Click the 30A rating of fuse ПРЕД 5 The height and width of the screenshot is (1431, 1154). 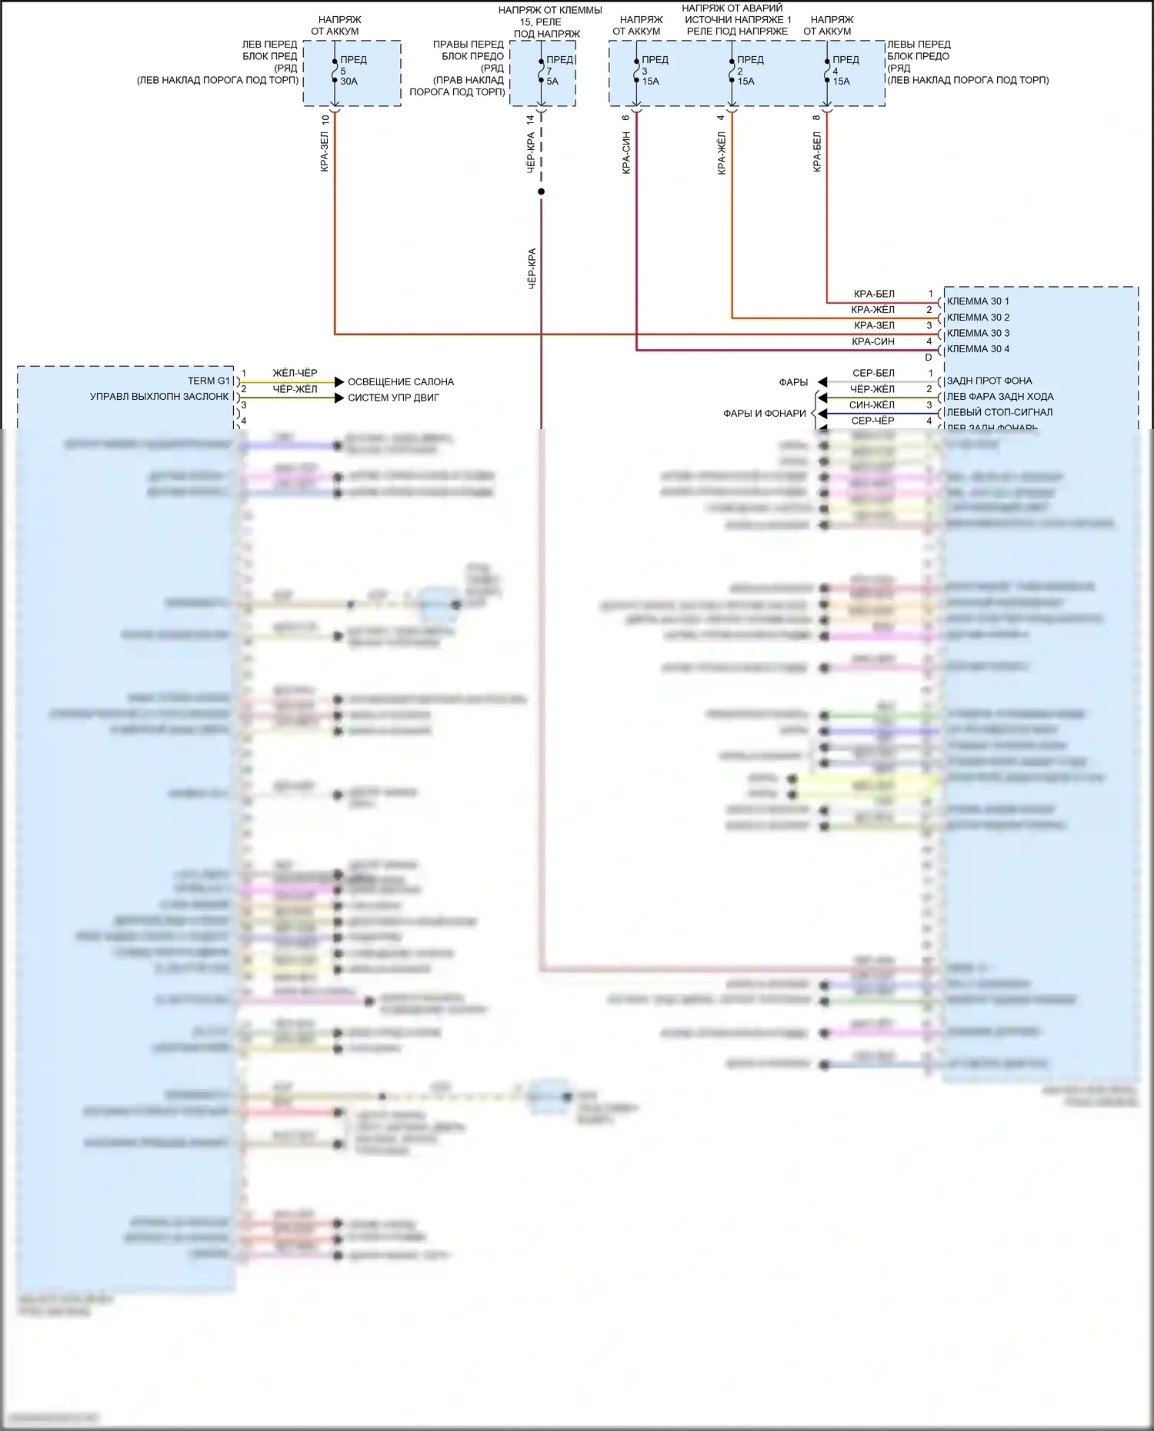tap(349, 81)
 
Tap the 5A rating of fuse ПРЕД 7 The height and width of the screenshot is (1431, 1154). tap(552, 81)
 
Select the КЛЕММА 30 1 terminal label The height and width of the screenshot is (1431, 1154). tap(978, 301)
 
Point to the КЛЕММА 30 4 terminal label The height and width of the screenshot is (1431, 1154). tap(978, 349)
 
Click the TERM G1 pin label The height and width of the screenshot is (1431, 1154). tap(208, 381)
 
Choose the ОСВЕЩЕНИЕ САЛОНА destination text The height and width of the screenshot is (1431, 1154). tap(400, 382)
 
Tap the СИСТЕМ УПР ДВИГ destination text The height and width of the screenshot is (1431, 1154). tap(393, 398)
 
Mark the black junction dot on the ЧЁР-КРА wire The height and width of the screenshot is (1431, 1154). tap(541, 191)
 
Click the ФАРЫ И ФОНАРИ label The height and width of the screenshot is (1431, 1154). tap(764, 414)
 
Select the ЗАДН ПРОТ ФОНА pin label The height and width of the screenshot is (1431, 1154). tap(989, 381)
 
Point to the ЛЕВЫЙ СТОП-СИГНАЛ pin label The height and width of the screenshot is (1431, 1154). tap(999, 412)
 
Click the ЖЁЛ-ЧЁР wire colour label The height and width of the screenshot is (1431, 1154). tap(295, 373)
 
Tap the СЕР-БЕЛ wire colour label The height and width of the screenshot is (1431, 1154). tap(873, 373)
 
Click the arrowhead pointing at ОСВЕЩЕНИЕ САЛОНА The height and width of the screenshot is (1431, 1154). tap(339, 382)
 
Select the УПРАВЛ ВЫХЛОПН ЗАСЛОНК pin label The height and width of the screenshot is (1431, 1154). tap(159, 397)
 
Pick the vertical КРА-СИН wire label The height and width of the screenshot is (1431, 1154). tap(626, 152)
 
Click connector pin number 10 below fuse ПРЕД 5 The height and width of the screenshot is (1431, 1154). tap(325, 120)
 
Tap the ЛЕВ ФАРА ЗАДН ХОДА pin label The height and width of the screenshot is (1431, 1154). tap(1000, 397)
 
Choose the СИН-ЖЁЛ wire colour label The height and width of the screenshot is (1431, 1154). tap(872, 405)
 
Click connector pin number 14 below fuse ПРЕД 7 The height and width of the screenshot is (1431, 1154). tap(530, 120)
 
